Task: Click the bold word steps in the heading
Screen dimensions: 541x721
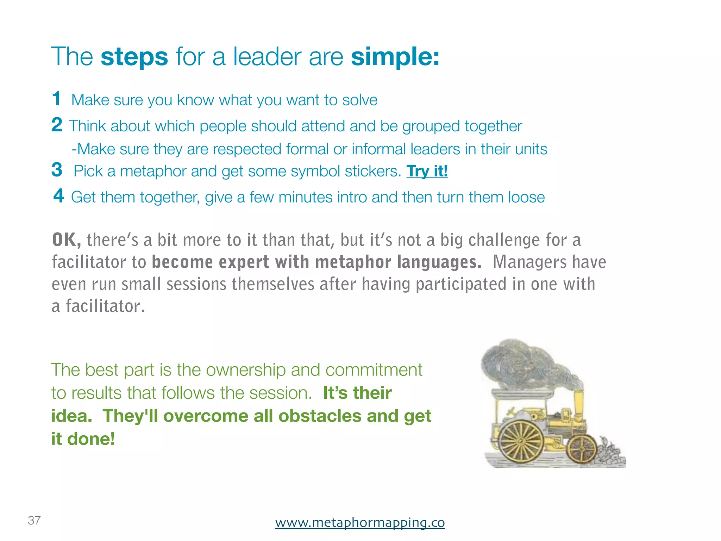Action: pos(134,57)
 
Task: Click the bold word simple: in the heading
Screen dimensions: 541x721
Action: pos(395,57)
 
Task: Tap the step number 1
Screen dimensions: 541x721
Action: pos(56,99)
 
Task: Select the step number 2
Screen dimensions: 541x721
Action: pos(57,125)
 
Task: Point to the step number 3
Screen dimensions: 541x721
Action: pos(57,170)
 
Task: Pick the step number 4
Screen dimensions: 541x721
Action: pos(59,196)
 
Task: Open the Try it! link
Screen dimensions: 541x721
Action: pos(427,172)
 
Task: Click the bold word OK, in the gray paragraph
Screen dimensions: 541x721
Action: pos(66,240)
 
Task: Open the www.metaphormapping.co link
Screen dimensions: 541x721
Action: pos(360,522)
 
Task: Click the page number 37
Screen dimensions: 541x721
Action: pos(34,520)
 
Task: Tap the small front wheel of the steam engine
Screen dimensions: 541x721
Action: pos(581,450)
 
